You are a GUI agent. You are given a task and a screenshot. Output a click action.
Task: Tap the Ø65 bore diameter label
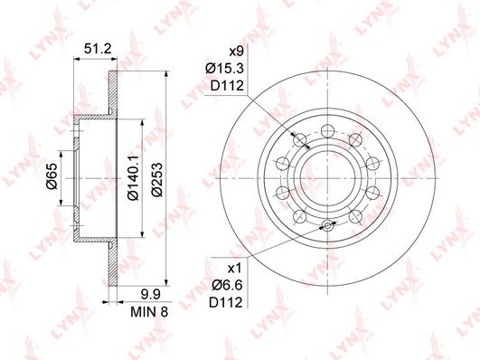tap(52, 176)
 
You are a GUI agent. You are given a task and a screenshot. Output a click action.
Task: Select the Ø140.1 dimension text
tap(134, 177)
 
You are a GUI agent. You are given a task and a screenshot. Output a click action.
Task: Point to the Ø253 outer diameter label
tap(157, 179)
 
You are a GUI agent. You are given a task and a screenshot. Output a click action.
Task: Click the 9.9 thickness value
tap(150, 295)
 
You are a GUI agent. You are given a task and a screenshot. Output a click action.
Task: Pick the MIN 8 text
tap(149, 312)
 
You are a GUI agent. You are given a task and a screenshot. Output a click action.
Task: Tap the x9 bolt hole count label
tap(236, 52)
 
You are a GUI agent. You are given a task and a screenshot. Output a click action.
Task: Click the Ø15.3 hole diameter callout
tap(225, 69)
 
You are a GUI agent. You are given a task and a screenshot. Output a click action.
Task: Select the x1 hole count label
tap(235, 269)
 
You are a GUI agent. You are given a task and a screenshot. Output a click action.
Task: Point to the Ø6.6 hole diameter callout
tap(227, 286)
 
